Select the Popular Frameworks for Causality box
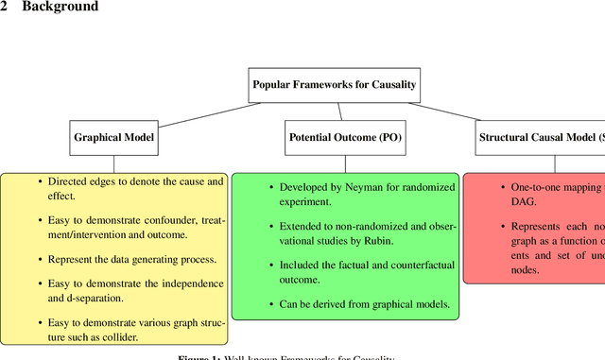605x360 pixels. [334, 84]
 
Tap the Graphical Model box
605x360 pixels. [114, 137]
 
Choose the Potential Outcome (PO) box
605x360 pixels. [344, 137]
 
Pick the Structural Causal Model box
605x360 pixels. [539, 137]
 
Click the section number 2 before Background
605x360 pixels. [5, 8]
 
